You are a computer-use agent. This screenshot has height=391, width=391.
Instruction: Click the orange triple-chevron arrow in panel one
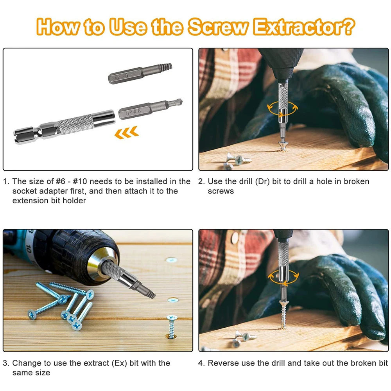126,133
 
